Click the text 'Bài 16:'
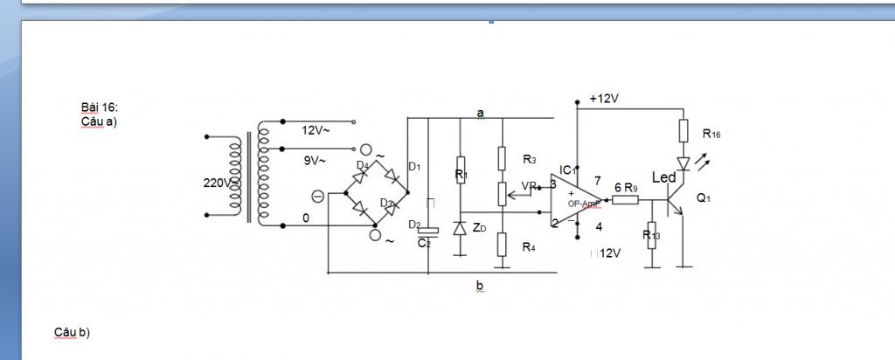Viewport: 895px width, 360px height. tap(99, 107)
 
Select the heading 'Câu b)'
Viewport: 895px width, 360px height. tap(72, 332)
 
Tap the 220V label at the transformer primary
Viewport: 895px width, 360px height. tap(216, 183)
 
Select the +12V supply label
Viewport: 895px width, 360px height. tap(604, 99)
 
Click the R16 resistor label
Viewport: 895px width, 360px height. tap(711, 134)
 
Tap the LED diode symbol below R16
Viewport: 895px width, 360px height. tap(683, 163)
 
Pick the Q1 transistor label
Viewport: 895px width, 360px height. tap(704, 198)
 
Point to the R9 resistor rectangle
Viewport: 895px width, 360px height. tap(625, 200)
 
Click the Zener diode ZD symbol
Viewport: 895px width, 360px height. tap(460, 228)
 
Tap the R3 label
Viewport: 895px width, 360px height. tap(529, 160)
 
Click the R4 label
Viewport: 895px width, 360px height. tap(529, 247)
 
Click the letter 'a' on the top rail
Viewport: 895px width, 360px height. tap(480, 113)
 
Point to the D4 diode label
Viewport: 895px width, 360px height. tap(362, 163)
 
